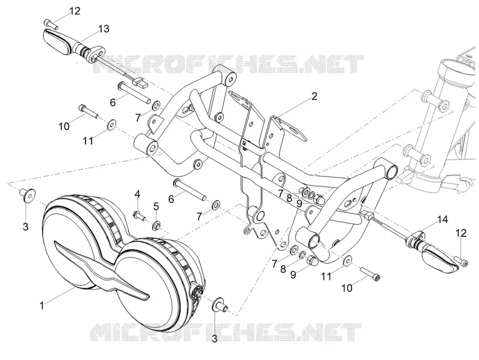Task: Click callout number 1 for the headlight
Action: point(42,305)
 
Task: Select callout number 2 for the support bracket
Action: point(314,96)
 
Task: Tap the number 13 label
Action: point(104,29)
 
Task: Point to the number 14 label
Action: point(442,219)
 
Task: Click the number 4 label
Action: point(138,193)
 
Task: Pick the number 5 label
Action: point(156,206)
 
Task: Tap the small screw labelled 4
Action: point(139,216)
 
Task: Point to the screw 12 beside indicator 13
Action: point(51,24)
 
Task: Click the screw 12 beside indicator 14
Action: point(461,261)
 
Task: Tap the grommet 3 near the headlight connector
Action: point(220,305)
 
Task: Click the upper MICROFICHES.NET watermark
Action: point(229,64)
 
